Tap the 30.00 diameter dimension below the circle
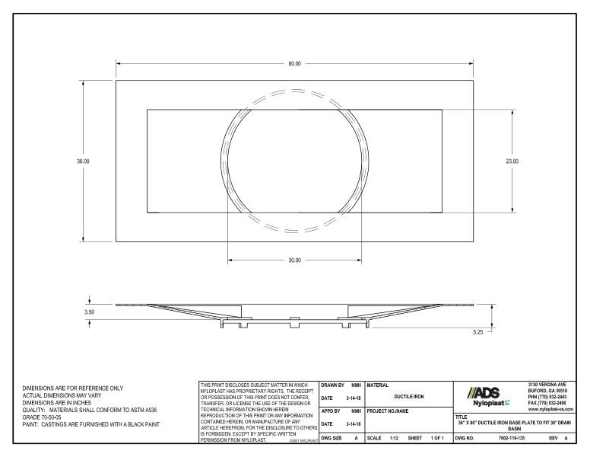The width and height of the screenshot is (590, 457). click(x=294, y=260)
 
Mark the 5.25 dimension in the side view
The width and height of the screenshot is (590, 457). click(x=478, y=332)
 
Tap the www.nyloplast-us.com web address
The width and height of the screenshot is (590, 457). click(x=549, y=409)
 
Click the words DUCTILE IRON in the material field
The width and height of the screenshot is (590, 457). click(x=408, y=396)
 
